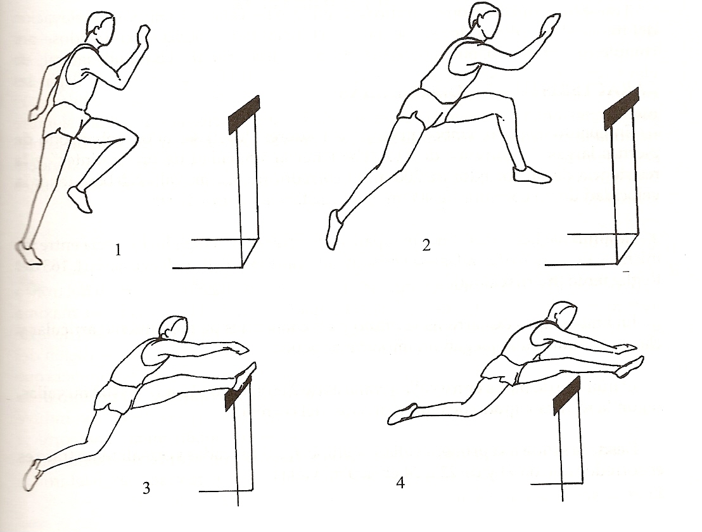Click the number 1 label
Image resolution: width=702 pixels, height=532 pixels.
(118, 250)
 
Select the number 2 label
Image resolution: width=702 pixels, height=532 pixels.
(426, 244)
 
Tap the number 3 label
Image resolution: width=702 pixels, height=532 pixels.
(146, 488)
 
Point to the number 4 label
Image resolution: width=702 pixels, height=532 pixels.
(400, 483)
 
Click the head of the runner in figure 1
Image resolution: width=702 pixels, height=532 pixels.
(100, 28)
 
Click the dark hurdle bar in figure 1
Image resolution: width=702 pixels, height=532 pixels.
(244, 115)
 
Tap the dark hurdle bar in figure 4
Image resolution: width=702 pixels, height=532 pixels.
(567, 396)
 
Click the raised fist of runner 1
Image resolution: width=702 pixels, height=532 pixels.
(144, 34)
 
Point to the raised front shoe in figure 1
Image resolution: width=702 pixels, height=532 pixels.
(80, 199)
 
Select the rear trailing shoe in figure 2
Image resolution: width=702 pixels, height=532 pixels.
(333, 229)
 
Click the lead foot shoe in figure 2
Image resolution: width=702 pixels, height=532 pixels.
(532, 175)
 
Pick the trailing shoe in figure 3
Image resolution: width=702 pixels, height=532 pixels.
(33, 475)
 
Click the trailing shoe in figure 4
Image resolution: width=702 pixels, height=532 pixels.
(402, 414)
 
